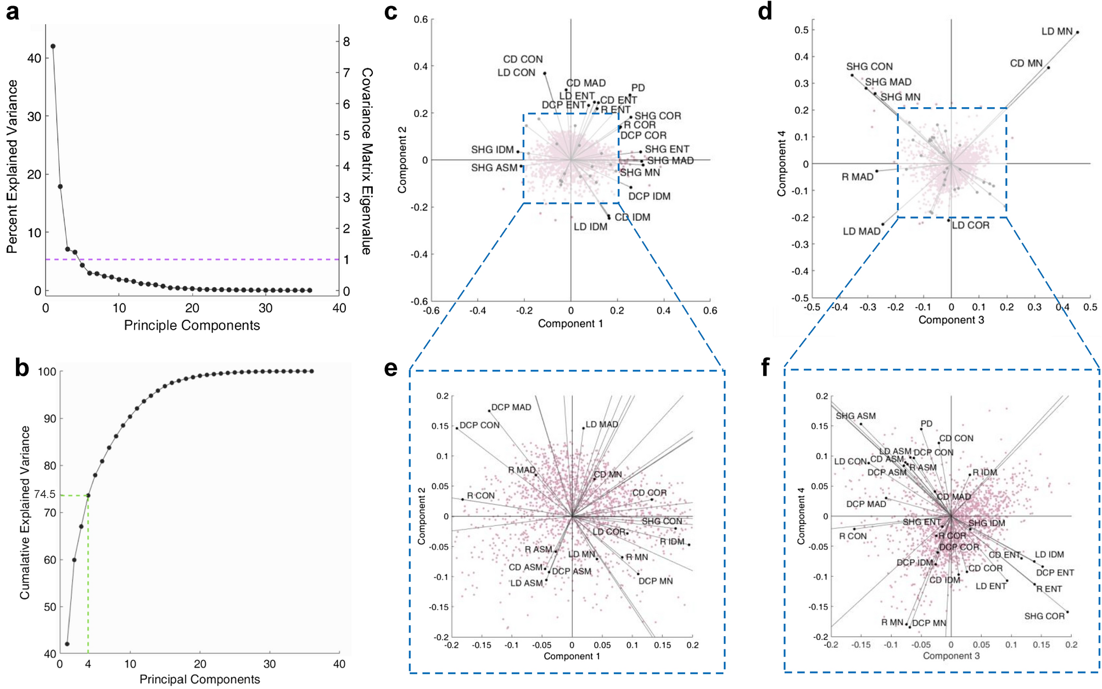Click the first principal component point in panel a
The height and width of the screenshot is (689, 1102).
pos(53,46)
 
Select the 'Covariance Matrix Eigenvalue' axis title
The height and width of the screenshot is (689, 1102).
pos(367,161)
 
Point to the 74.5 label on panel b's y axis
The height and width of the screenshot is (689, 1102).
pos(44,494)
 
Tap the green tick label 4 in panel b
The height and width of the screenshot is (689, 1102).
pos(88,664)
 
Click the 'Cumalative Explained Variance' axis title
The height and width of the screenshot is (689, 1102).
pos(25,512)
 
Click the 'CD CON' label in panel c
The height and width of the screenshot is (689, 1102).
pos(523,59)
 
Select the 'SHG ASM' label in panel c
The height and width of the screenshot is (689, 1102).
pos(494,168)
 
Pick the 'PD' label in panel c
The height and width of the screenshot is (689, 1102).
pos(637,88)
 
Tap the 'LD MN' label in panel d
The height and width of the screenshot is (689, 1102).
pos(1056,32)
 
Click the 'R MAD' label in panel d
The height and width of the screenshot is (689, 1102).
pos(857,177)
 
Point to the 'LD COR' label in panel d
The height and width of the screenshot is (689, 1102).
pos(970,225)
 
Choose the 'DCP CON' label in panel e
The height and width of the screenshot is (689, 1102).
pos(479,425)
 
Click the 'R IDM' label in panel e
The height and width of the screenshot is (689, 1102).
pos(672,542)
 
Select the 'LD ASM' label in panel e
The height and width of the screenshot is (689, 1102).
pos(526,583)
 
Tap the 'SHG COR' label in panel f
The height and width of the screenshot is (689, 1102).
pos(1044,616)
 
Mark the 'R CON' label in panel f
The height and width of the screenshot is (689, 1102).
pos(853,536)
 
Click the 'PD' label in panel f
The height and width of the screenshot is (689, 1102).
pos(926,424)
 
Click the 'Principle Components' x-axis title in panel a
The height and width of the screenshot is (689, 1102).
pos(192,325)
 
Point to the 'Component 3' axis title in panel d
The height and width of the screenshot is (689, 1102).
pos(951,320)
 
